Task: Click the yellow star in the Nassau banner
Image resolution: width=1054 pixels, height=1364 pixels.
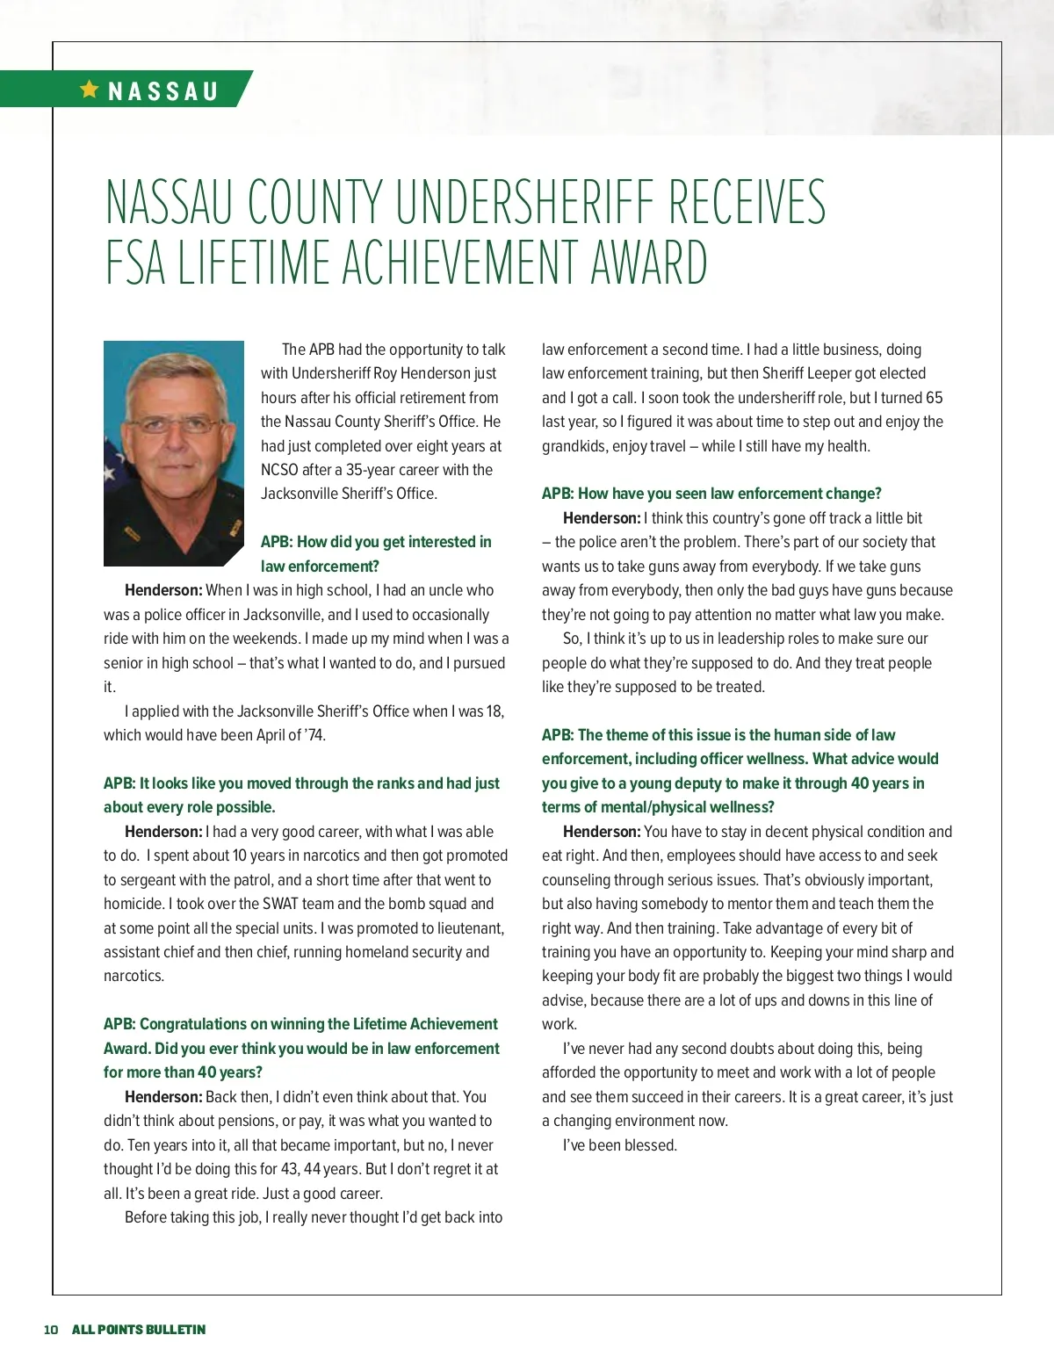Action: tap(89, 89)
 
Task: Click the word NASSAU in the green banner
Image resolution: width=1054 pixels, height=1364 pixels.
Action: tap(162, 91)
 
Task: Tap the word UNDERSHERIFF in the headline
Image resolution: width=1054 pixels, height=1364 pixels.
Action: tap(526, 202)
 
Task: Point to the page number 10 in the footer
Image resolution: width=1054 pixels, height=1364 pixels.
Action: tap(51, 1330)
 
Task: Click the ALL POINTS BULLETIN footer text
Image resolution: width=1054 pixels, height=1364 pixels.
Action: tap(139, 1330)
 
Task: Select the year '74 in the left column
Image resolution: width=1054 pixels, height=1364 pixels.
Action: tap(313, 735)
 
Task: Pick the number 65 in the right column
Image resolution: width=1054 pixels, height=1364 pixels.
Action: tap(934, 398)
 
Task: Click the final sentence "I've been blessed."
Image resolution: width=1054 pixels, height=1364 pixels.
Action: tap(619, 1145)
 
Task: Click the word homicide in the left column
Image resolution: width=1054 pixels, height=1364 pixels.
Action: tap(134, 904)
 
